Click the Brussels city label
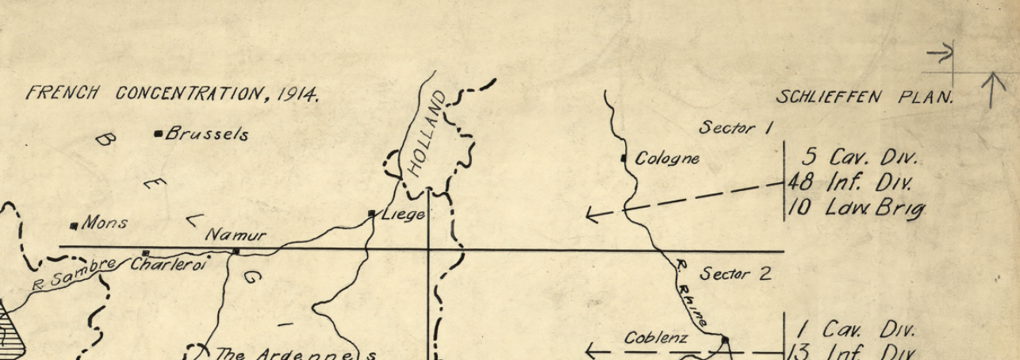pos(206,134)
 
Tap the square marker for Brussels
pos(159,133)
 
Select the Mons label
pos(104,224)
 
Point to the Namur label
pos(236,236)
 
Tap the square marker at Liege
pos(372,213)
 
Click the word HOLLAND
pos(428,134)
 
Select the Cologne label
pos(667,159)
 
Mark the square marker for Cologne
pos(624,159)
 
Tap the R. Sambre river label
pos(73,274)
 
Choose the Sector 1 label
pos(736,128)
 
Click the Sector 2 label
pos(735,274)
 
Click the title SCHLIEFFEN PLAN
pos(865,98)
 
